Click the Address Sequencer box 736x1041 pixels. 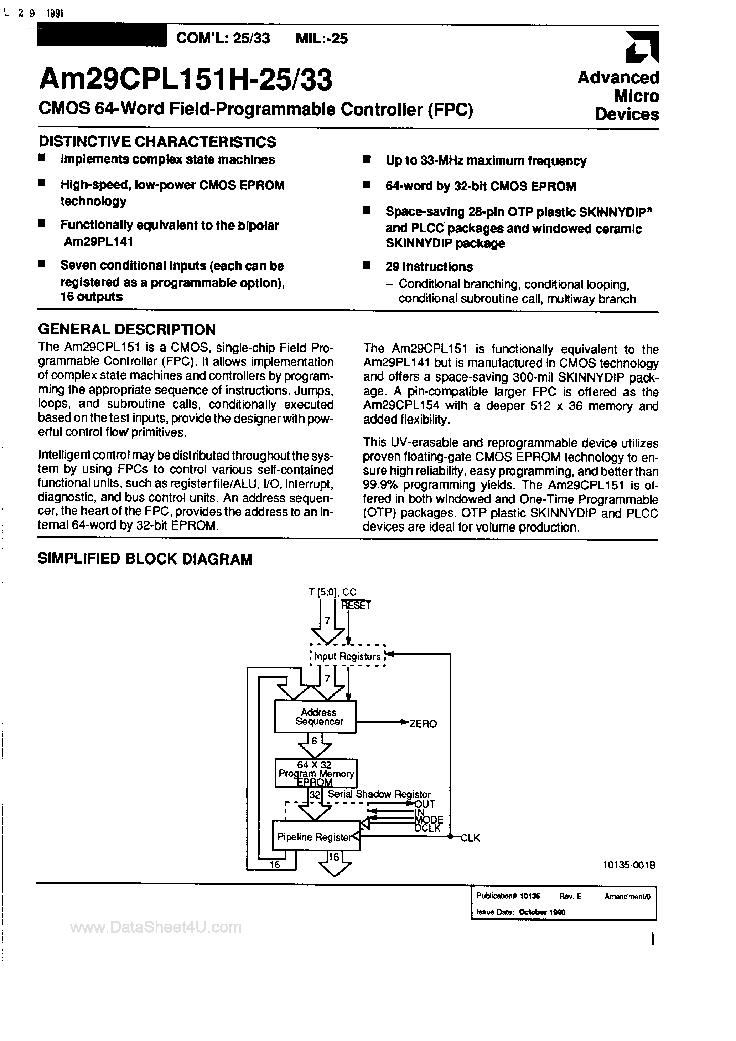[x=315, y=716]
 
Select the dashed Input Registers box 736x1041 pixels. [x=347, y=656]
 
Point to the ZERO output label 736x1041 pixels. [x=423, y=724]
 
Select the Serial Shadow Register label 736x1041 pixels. [x=379, y=794]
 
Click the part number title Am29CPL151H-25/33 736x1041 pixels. [x=186, y=80]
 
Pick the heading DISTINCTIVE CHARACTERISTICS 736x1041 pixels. [x=157, y=142]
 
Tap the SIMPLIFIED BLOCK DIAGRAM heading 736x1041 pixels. [x=145, y=559]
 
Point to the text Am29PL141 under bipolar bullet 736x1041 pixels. [x=98, y=242]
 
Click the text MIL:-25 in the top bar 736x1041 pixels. [x=321, y=39]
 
